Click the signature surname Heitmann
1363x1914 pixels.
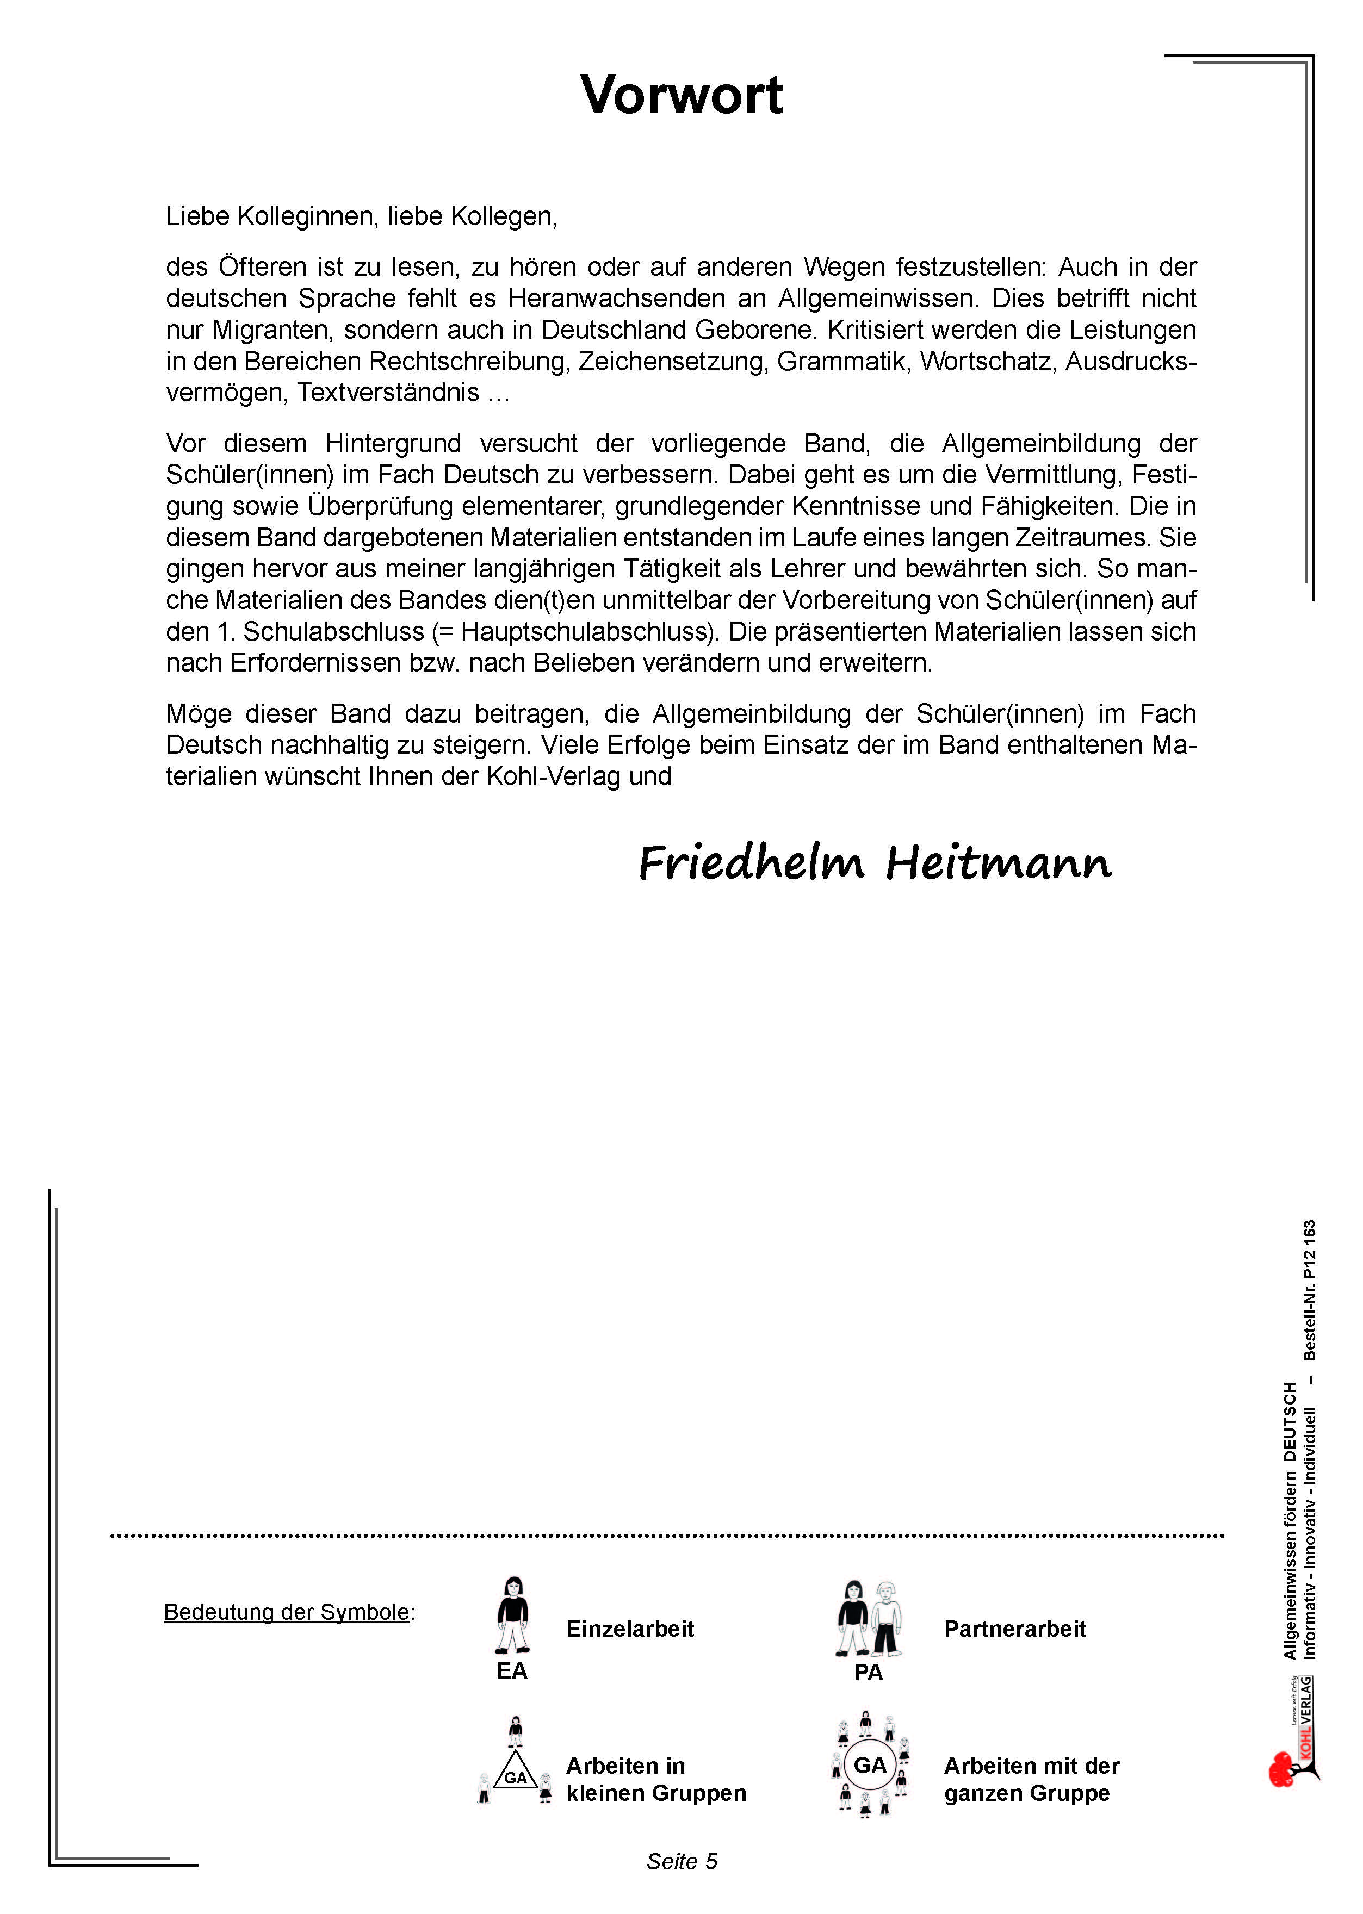coord(999,862)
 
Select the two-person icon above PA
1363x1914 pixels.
coord(869,1617)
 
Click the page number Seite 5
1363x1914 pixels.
coord(681,1861)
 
